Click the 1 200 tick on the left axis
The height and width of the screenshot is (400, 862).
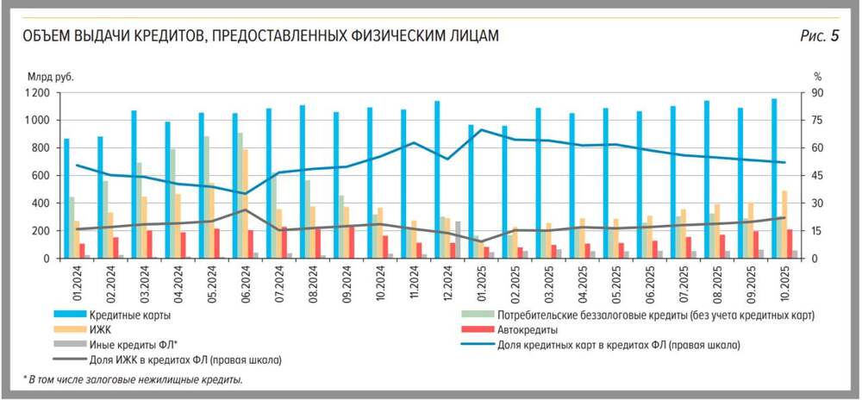click(x=36, y=93)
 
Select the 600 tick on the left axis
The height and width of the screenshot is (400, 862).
click(x=40, y=176)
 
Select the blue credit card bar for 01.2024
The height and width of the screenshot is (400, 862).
click(x=66, y=198)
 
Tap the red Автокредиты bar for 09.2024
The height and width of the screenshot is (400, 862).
click(x=352, y=242)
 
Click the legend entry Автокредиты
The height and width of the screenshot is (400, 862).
click(x=527, y=329)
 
